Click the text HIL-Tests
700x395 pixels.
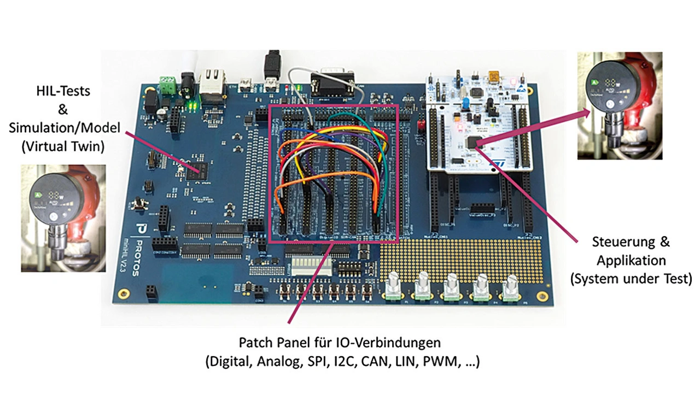pyautogui.click(x=63, y=91)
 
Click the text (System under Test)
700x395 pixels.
pyautogui.click(x=631, y=279)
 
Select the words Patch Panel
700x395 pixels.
pyautogui.click(x=273, y=343)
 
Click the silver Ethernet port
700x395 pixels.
pyautogui.click(x=212, y=82)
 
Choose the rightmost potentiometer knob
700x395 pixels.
pyautogui.click(x=511, y=286)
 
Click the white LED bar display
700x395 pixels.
pyautogui.click(x=311, y=266)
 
